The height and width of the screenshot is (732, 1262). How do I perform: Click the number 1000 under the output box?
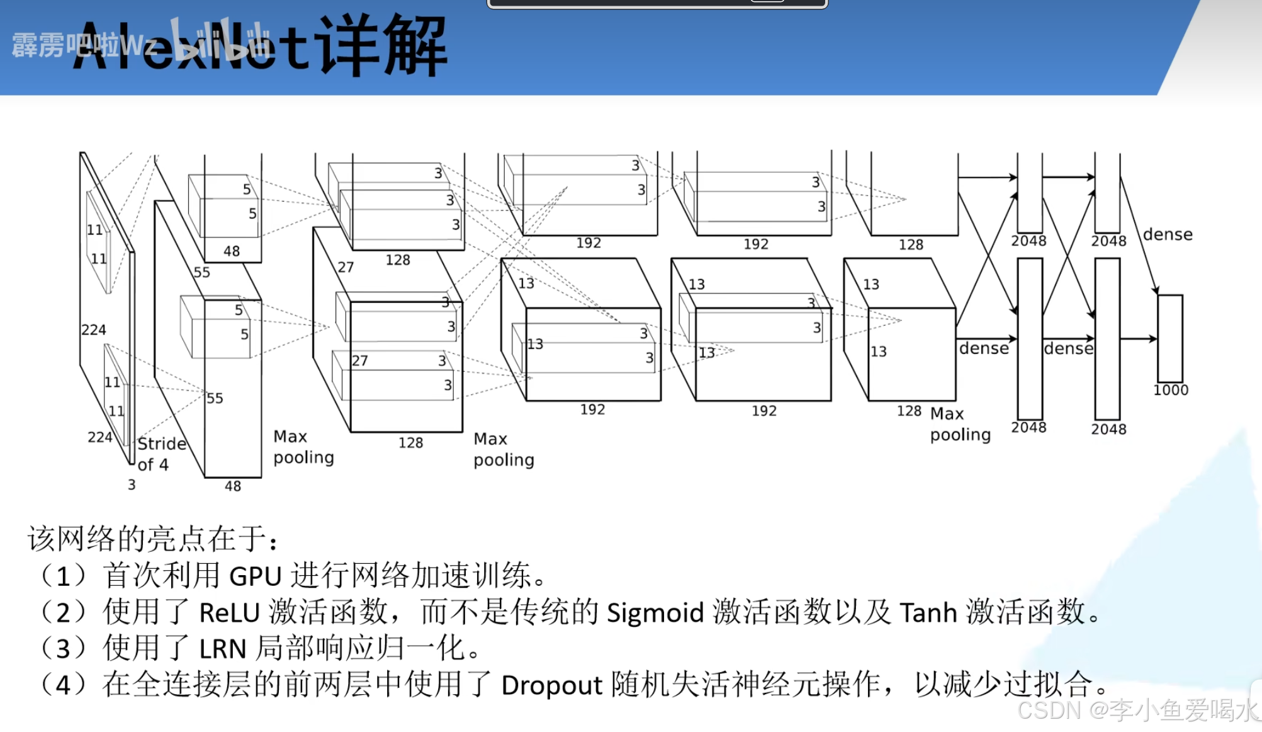[x=1171, y=391]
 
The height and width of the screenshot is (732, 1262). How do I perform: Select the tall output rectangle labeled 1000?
[x=1170, y=338]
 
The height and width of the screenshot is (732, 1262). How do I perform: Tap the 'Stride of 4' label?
[x=161, y=454]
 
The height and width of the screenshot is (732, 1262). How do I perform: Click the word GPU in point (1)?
[x=255, y=576]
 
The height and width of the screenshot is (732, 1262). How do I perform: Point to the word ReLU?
[x=229, y=612]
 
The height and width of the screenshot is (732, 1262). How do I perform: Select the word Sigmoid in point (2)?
[x=655, y=613]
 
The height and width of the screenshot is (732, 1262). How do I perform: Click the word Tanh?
[x=928, y=612]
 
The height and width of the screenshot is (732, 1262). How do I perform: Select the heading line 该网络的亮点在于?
[x=151, y=539]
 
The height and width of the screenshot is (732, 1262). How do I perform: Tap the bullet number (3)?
[x=62, y=649]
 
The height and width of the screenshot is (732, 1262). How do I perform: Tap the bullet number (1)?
[x=62, y=576]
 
